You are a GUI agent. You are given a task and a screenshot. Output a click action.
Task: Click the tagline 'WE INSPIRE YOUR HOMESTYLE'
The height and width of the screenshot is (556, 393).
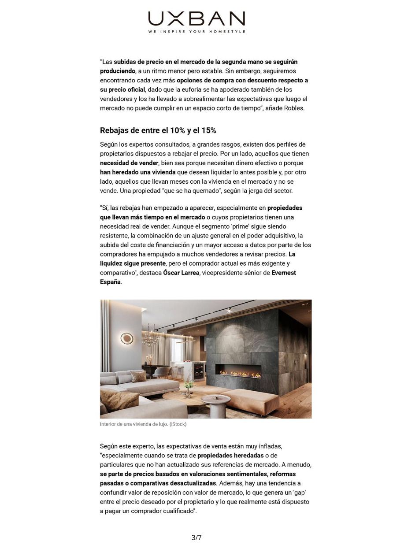pos(196,32)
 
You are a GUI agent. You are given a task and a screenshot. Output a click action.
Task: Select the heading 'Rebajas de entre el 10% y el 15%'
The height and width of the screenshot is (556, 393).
pos(158,130)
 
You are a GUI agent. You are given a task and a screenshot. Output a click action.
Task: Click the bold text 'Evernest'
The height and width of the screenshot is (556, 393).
pos(284,273)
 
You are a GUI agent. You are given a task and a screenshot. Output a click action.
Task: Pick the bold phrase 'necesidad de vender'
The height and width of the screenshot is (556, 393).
pos(129,163)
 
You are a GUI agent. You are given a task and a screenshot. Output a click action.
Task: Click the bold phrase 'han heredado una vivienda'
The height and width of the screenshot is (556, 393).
pos(138,172)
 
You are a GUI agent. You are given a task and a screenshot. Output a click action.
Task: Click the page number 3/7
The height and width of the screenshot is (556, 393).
pos(196,537)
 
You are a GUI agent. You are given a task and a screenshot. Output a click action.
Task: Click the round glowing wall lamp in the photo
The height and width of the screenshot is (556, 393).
pos(127,338)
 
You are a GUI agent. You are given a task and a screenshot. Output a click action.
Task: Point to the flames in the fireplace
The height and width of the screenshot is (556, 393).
pos(241,374)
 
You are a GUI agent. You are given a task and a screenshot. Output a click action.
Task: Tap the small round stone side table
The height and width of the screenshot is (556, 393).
pos(215,403)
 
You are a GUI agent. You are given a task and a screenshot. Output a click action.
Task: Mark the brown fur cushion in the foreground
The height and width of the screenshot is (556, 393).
pos(113,398)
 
